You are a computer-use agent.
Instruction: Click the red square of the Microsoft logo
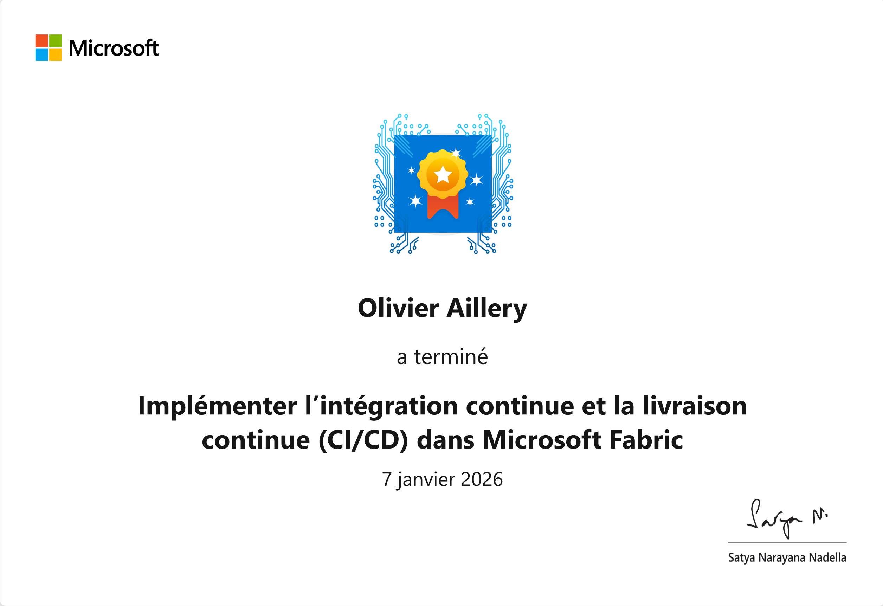[41, 41]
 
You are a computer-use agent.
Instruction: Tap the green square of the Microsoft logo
[56, 41]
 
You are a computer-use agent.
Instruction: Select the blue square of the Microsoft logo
[41, 55]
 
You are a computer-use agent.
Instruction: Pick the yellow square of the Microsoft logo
[56, 55]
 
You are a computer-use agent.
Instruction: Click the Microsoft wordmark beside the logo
[114, 48]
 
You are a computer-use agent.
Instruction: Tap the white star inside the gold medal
[443, 175]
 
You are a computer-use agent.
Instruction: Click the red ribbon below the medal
[443, 207]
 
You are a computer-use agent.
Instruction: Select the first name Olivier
[398, 308]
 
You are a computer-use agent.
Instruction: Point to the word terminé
[451, 357]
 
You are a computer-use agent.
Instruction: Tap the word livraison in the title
[695, 406]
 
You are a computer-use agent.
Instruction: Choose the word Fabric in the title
[646, 440]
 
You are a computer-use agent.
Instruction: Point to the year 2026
[482, 479]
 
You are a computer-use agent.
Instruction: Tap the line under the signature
[787, 542]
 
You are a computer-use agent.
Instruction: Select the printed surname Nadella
[827, 557]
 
